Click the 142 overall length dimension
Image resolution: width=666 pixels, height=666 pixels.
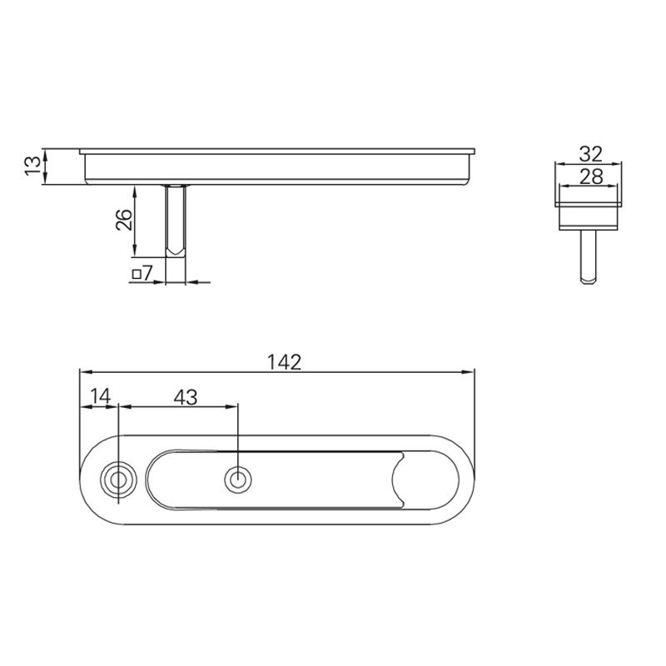(283, 362)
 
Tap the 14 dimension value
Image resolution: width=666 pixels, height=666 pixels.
(99, 397)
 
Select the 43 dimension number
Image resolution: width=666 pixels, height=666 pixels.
(186, 397)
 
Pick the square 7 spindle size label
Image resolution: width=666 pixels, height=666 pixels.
(142, 273)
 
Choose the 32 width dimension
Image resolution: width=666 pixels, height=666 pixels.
(589, 154)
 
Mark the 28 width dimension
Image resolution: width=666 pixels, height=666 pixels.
(589, 176)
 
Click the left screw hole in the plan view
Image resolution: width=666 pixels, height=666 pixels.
(118, 480)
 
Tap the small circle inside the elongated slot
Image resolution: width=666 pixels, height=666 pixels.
(238, 480)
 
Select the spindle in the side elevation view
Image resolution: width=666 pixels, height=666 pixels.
(176, 221)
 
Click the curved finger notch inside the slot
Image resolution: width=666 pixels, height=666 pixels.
(397, 480)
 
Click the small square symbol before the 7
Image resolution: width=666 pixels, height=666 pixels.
(136, 273)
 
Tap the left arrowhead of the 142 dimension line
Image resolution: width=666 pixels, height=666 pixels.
(83, 372)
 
